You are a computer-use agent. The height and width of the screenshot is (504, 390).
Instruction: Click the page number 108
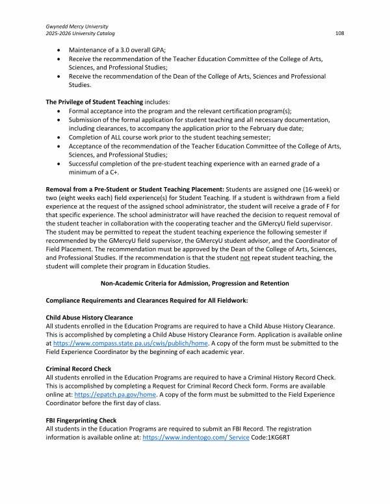coord(339,33)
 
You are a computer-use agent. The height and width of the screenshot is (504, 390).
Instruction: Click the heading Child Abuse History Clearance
coord(89,318)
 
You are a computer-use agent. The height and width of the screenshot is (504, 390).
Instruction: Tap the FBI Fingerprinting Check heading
coord(81,420)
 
